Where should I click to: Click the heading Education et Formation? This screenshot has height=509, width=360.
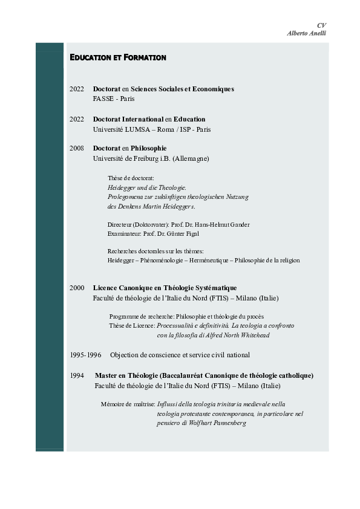tap(117, 58)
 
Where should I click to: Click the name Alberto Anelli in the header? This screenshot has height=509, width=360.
tap(306, 33)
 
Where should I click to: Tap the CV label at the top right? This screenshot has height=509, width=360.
tap(321, 25)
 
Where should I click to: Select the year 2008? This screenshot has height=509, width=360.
tap(77, 148)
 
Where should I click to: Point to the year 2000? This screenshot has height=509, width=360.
tap(77, 288)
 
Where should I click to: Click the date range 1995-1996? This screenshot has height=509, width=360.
tap(85, 355)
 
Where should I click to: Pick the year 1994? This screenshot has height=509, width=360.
tap(77, 375)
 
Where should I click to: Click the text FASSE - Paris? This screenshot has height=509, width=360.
tap(114, 99)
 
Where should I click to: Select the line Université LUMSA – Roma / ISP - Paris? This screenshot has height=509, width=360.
tap(151, 129)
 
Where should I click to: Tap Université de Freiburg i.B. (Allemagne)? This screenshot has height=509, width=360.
tap(151, 158)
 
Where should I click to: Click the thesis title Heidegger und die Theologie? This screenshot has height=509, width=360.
tap(147, 187)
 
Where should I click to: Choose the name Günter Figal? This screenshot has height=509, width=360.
tap(181, 233)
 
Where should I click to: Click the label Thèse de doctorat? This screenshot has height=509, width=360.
tap(131, 178)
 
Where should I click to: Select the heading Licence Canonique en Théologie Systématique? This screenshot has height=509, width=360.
tap(165, 288)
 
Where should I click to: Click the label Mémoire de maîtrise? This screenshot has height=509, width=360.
tap(128, 403)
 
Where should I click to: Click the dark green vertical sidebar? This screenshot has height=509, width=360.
tap(49, 242)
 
